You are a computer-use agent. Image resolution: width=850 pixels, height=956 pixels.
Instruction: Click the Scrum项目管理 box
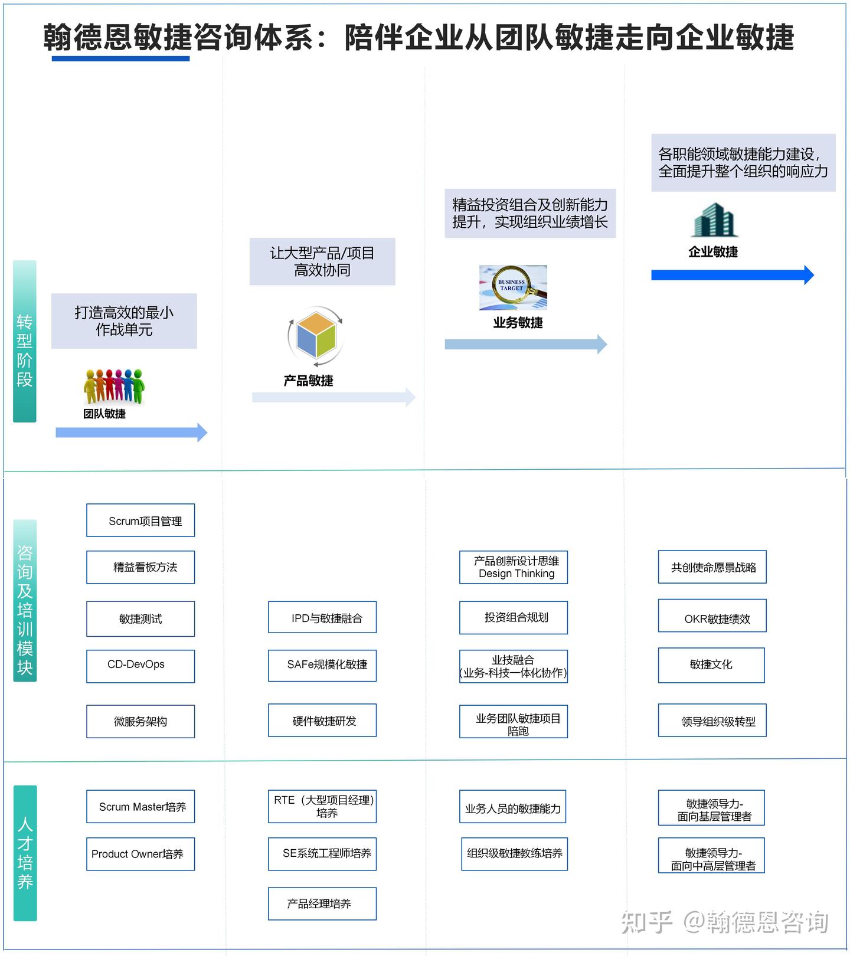140,520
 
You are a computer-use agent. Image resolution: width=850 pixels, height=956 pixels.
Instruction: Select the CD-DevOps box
140,666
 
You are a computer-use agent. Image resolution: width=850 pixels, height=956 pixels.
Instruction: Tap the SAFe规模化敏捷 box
322,666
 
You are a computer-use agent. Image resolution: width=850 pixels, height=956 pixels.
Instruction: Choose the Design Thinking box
514,567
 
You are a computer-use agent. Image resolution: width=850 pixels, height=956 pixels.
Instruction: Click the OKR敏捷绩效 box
712,616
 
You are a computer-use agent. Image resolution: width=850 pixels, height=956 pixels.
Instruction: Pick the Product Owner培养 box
140,854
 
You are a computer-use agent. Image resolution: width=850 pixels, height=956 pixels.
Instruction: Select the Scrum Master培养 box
140,807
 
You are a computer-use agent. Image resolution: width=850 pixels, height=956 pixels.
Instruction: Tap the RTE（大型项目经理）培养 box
322,807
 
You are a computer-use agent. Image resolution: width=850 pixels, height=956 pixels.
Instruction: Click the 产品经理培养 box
322,903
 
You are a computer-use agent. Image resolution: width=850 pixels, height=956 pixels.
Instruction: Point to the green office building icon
714,220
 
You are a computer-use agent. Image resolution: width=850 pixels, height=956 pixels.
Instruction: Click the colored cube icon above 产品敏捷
316,336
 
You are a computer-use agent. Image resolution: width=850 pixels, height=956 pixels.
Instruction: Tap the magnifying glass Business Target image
513,287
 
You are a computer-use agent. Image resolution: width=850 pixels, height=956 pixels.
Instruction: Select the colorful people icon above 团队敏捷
114,387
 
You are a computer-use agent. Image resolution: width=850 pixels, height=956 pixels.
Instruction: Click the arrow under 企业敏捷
733,275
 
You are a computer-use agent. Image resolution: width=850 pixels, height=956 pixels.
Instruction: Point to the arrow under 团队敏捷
132,433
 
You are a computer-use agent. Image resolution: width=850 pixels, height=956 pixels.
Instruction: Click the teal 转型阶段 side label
25,341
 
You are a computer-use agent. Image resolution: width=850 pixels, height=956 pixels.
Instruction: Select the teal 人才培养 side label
25,853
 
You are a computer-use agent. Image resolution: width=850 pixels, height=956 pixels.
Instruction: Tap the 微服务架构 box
140,721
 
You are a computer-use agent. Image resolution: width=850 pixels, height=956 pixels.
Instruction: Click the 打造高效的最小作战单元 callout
124,321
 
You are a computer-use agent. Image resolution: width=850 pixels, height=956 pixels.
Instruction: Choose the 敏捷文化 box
711,665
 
